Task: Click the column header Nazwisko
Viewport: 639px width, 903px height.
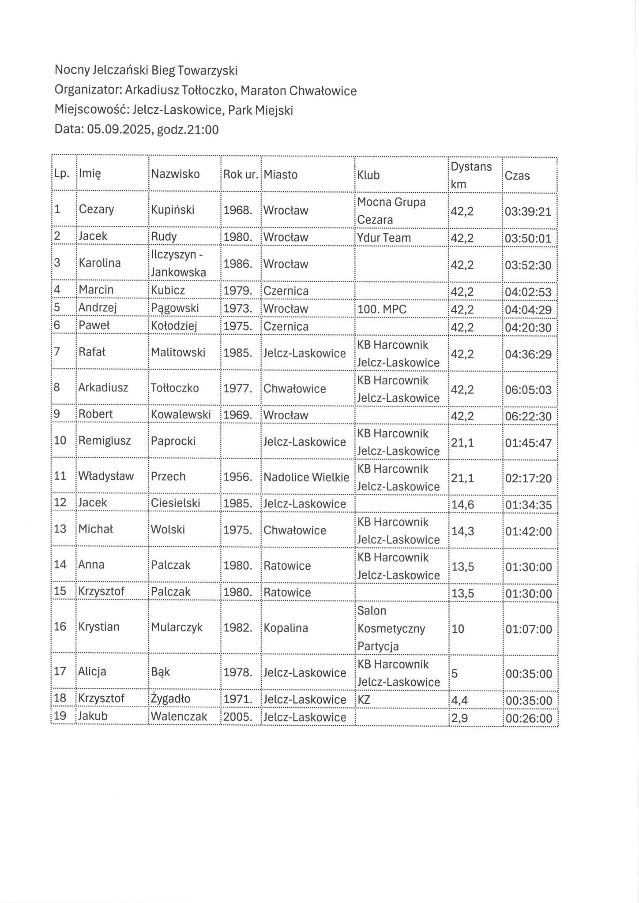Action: [175, 174]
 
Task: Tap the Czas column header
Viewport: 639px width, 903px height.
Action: [517, 176]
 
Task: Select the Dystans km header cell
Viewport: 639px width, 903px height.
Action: [471, 175]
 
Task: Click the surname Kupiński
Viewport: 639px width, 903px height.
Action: [173, 209]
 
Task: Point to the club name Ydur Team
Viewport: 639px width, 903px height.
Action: [384, 238]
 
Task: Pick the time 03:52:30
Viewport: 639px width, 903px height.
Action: [528, 265]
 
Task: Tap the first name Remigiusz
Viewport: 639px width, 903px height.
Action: [105, 441]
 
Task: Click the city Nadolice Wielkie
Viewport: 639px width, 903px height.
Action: [306, 477]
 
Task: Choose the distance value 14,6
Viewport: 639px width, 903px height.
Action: [462, 504]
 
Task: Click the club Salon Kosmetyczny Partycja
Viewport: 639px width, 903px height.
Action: [391, 628]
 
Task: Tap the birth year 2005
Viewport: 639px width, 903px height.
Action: [237, 717]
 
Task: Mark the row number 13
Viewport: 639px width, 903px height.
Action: [60, 529]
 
